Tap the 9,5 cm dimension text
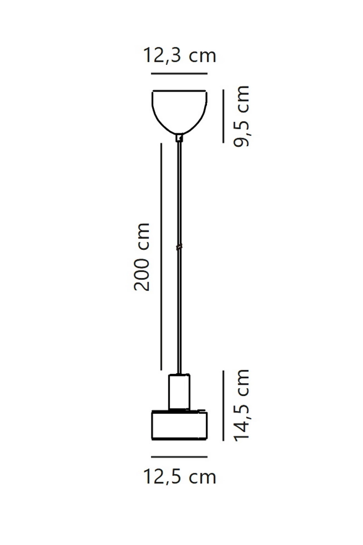tap(242, 116)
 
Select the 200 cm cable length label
tap(142, 257)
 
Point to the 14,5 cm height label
tap(242, 405)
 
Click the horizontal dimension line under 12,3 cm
tap(179, 73)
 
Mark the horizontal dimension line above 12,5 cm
tap(179, 457)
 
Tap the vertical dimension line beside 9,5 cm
tap(223, 116)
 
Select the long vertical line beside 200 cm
tap(161, 257)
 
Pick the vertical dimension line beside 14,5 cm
tap(223, 406)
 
